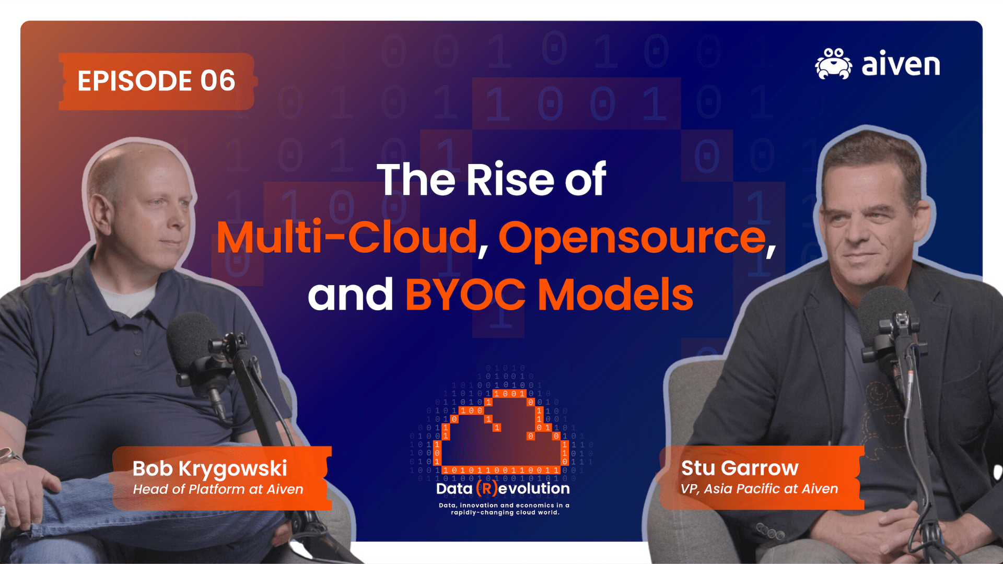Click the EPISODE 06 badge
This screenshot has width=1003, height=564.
[x=156, y=81]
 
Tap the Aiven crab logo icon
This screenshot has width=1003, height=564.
[x=833, y=64]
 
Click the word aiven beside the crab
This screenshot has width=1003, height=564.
[x=901, y=64]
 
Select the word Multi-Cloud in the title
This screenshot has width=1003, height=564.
[x=347, y=238]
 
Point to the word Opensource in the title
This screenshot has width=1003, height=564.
[x=632, y=238]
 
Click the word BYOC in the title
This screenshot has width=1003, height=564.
[x=465, y=295]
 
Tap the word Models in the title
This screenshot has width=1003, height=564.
[x=615, y=295]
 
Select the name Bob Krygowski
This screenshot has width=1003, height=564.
[x=209, y=468]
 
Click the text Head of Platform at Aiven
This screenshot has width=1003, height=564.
[x=218, y=489]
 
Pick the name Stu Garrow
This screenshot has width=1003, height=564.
[x=740, y=468]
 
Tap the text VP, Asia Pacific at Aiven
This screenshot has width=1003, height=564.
[x=759, y=489]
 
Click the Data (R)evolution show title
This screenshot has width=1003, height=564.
[x=503, y=488]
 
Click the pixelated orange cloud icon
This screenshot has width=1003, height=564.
[x=501, y=433]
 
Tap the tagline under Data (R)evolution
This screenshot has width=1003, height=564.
[x=504, y=509]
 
